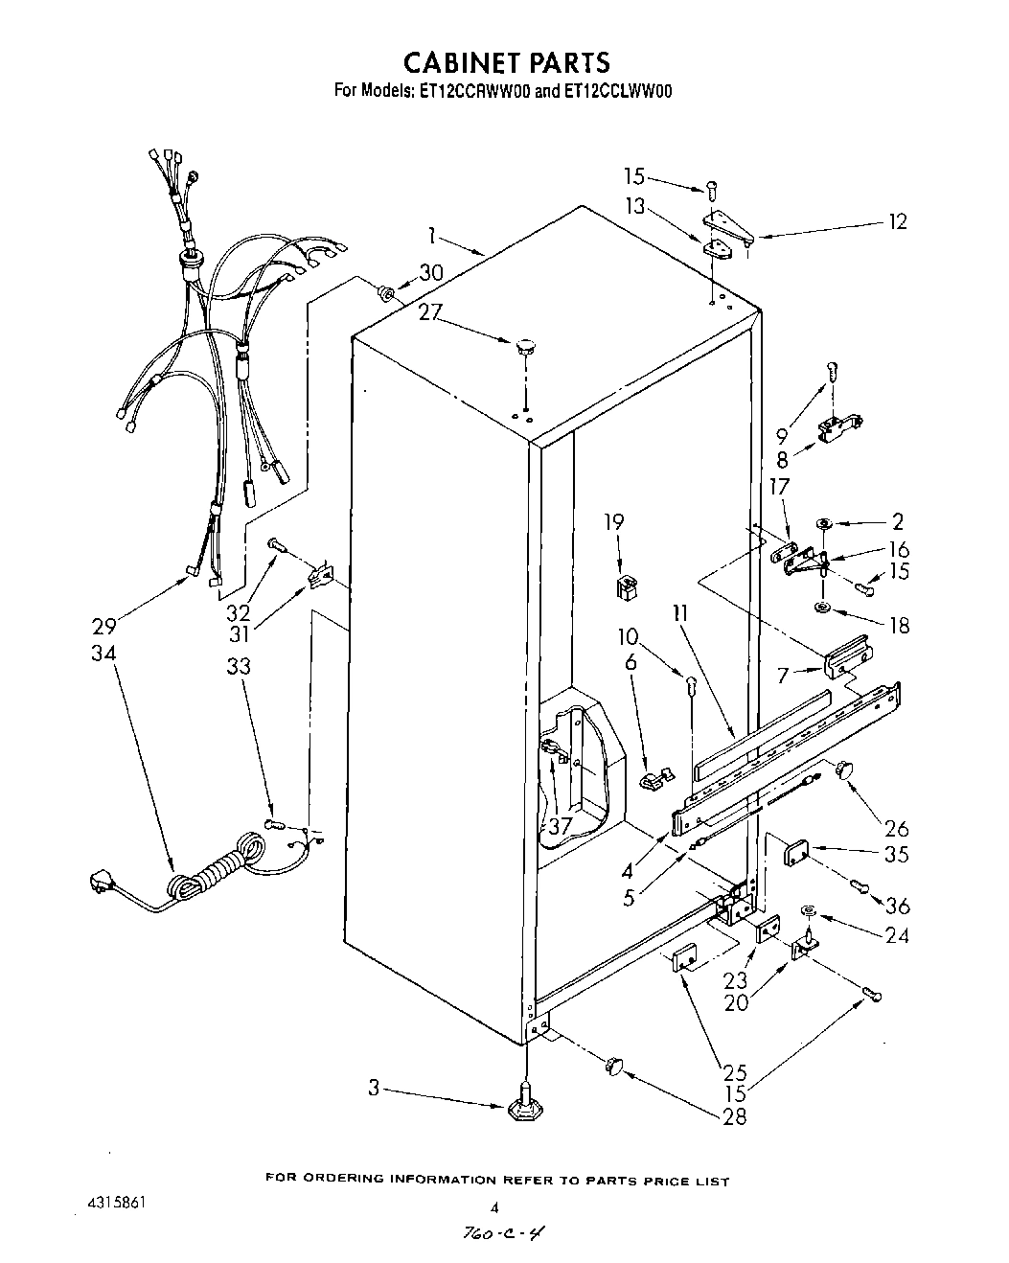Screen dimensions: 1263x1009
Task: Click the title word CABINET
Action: point(461,63)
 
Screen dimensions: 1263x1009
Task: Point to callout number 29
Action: point(103,627)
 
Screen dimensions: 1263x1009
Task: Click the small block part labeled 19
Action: point(627,586)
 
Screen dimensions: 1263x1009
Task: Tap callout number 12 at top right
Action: point(897,222)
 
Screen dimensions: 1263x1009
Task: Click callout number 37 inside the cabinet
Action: point(560,825)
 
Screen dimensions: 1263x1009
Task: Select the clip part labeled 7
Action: point(848,657)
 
